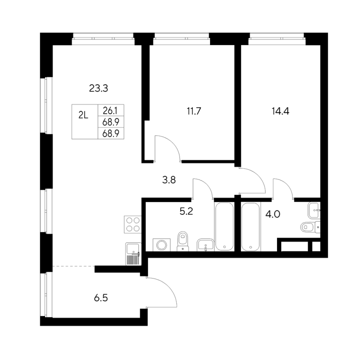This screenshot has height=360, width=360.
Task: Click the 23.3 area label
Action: point(98,89)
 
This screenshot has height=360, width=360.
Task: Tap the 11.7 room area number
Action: point(194,112)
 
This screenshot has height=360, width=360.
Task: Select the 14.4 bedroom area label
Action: point(280,112)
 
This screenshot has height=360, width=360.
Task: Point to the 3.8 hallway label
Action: point(169,180)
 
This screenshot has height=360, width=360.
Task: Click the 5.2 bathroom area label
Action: point(186,211)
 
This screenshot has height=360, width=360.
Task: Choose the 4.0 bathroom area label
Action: point(273,214)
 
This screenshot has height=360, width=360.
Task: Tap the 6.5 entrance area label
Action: point(101,298)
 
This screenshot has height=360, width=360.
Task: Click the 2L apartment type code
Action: point(83,115)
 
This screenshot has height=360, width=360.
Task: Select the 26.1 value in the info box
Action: point(110,111)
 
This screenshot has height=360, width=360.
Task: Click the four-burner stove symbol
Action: point(133,225)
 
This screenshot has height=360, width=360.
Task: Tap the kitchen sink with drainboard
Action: point(133,254)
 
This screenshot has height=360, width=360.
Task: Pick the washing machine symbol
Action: point(162,245)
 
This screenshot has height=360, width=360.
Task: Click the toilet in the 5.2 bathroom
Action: point(183,241)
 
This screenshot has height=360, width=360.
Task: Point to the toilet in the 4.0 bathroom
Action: point(310,227)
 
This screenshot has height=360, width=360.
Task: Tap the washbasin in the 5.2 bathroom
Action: point(205,245)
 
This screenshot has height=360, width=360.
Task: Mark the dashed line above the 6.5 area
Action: point(74,266)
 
